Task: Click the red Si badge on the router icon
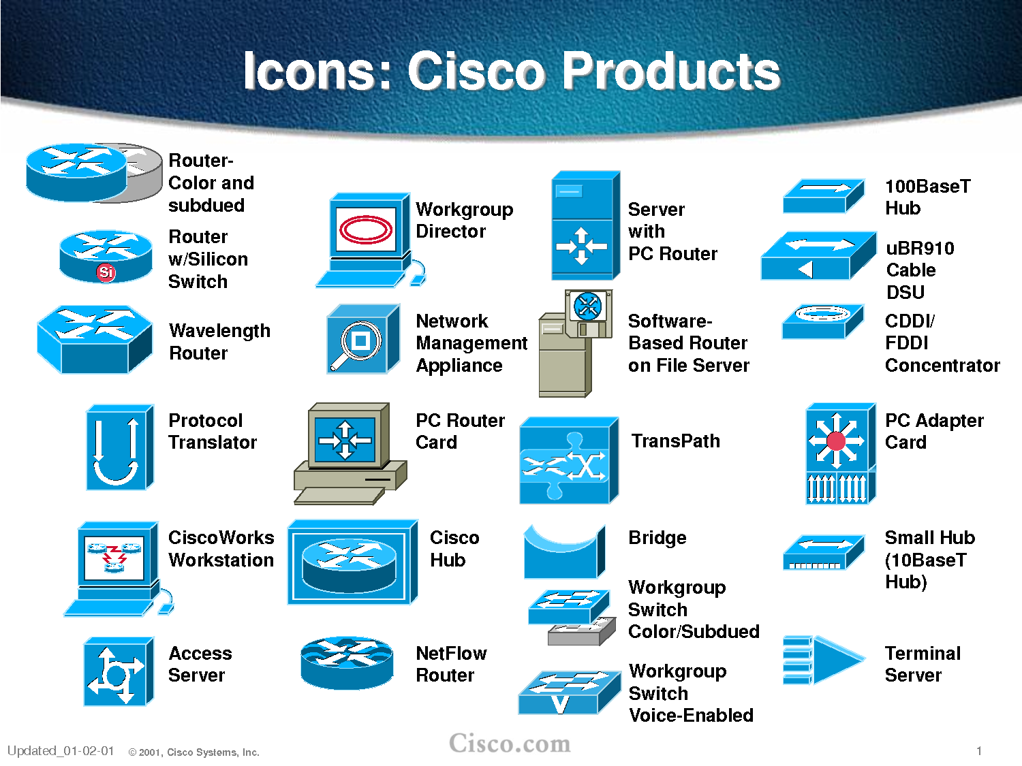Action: point(106,272)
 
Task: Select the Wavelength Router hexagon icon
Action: point(95,339)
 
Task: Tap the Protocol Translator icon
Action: point(119,447)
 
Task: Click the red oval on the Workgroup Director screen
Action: point(366,229)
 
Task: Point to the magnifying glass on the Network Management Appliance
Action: point(359,342)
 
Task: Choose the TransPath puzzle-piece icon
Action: point(568,461)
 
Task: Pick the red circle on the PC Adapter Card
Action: point(836,441)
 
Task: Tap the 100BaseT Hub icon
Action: point(824,195)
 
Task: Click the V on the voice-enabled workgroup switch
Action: point(560,703)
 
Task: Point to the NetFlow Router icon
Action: point(347,662)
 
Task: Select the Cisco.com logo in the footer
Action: point(510,743)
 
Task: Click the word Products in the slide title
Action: point(672,71)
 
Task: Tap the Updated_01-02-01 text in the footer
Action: point(61,751)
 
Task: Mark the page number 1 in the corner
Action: point(979,751)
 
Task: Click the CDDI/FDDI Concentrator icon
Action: point(823,321)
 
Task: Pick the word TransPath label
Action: point(675,441)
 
